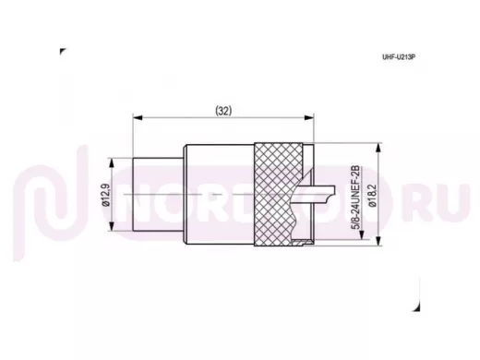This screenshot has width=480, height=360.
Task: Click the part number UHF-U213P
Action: coord(399,57)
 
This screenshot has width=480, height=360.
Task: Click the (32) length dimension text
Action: coord(223,111)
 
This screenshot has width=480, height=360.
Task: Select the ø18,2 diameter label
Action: coord(372,196)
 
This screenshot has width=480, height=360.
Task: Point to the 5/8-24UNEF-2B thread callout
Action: coord(355,197)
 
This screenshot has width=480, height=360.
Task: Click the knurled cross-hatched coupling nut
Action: coord(277,195)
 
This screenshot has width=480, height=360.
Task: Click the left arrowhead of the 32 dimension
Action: coord(138,117)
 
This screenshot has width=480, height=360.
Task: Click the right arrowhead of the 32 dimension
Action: coord(308,117)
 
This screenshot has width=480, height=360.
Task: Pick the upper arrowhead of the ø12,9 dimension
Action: coord(112,163)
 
